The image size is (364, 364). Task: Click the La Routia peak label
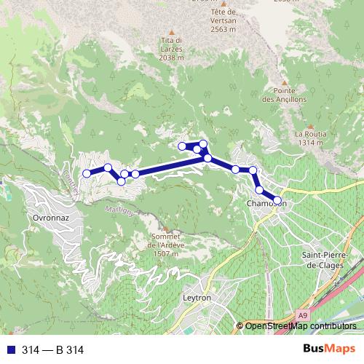(x=309, y=134)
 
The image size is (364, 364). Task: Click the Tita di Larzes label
(x=172, y=44)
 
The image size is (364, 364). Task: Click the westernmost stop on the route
(x=87, y=173)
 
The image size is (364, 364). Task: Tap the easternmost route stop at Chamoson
(x=277, y=199)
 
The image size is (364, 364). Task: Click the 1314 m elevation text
(x=309, y=143)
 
